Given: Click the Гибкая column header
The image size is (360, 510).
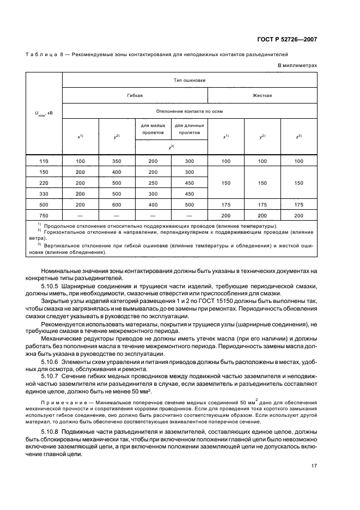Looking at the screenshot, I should (135, 95).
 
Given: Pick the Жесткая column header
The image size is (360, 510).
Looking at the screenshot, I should (262, 95).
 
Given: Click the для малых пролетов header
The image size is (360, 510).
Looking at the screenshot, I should (152, 129).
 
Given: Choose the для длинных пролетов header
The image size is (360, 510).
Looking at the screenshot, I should (189, 129).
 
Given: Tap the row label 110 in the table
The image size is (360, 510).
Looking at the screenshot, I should (45, 162).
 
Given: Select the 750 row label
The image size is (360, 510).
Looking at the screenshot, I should (45, 215).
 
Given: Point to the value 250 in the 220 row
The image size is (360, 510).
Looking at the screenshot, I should (152, 183).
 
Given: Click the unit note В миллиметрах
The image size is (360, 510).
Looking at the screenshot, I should (297, 65).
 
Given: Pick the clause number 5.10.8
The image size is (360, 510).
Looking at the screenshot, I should (52, 432).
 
